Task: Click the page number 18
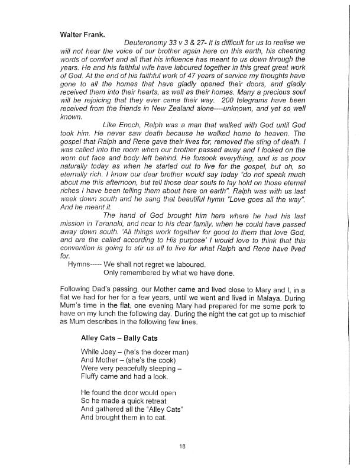click(x=181, y=446)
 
